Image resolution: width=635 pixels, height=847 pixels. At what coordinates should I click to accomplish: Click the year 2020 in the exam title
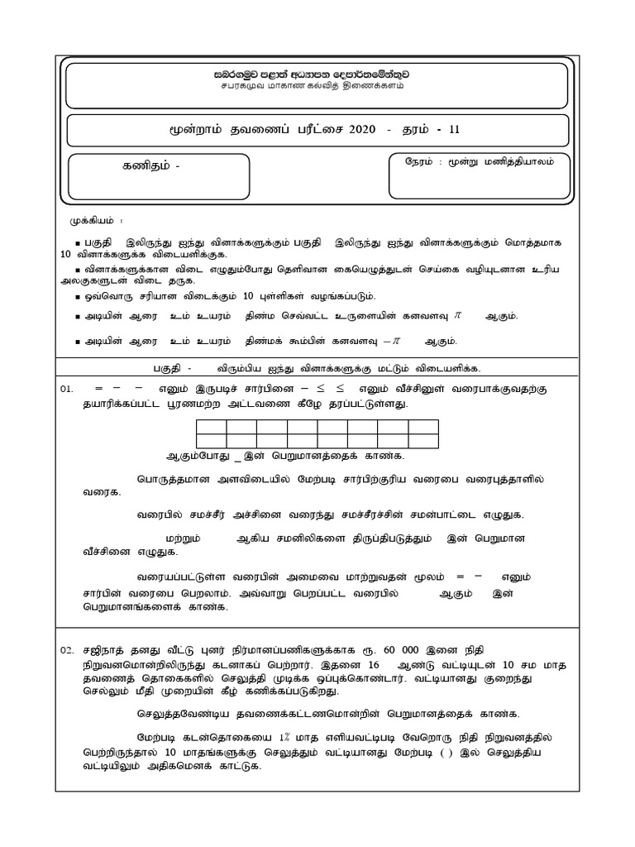click(362, 130)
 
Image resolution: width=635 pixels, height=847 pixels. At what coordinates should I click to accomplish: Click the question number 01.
click(67, 389)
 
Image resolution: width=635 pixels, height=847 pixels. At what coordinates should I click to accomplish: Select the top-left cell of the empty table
click(211, 427)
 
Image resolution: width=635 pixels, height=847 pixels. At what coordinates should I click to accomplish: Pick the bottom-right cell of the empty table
click(423, 441)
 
